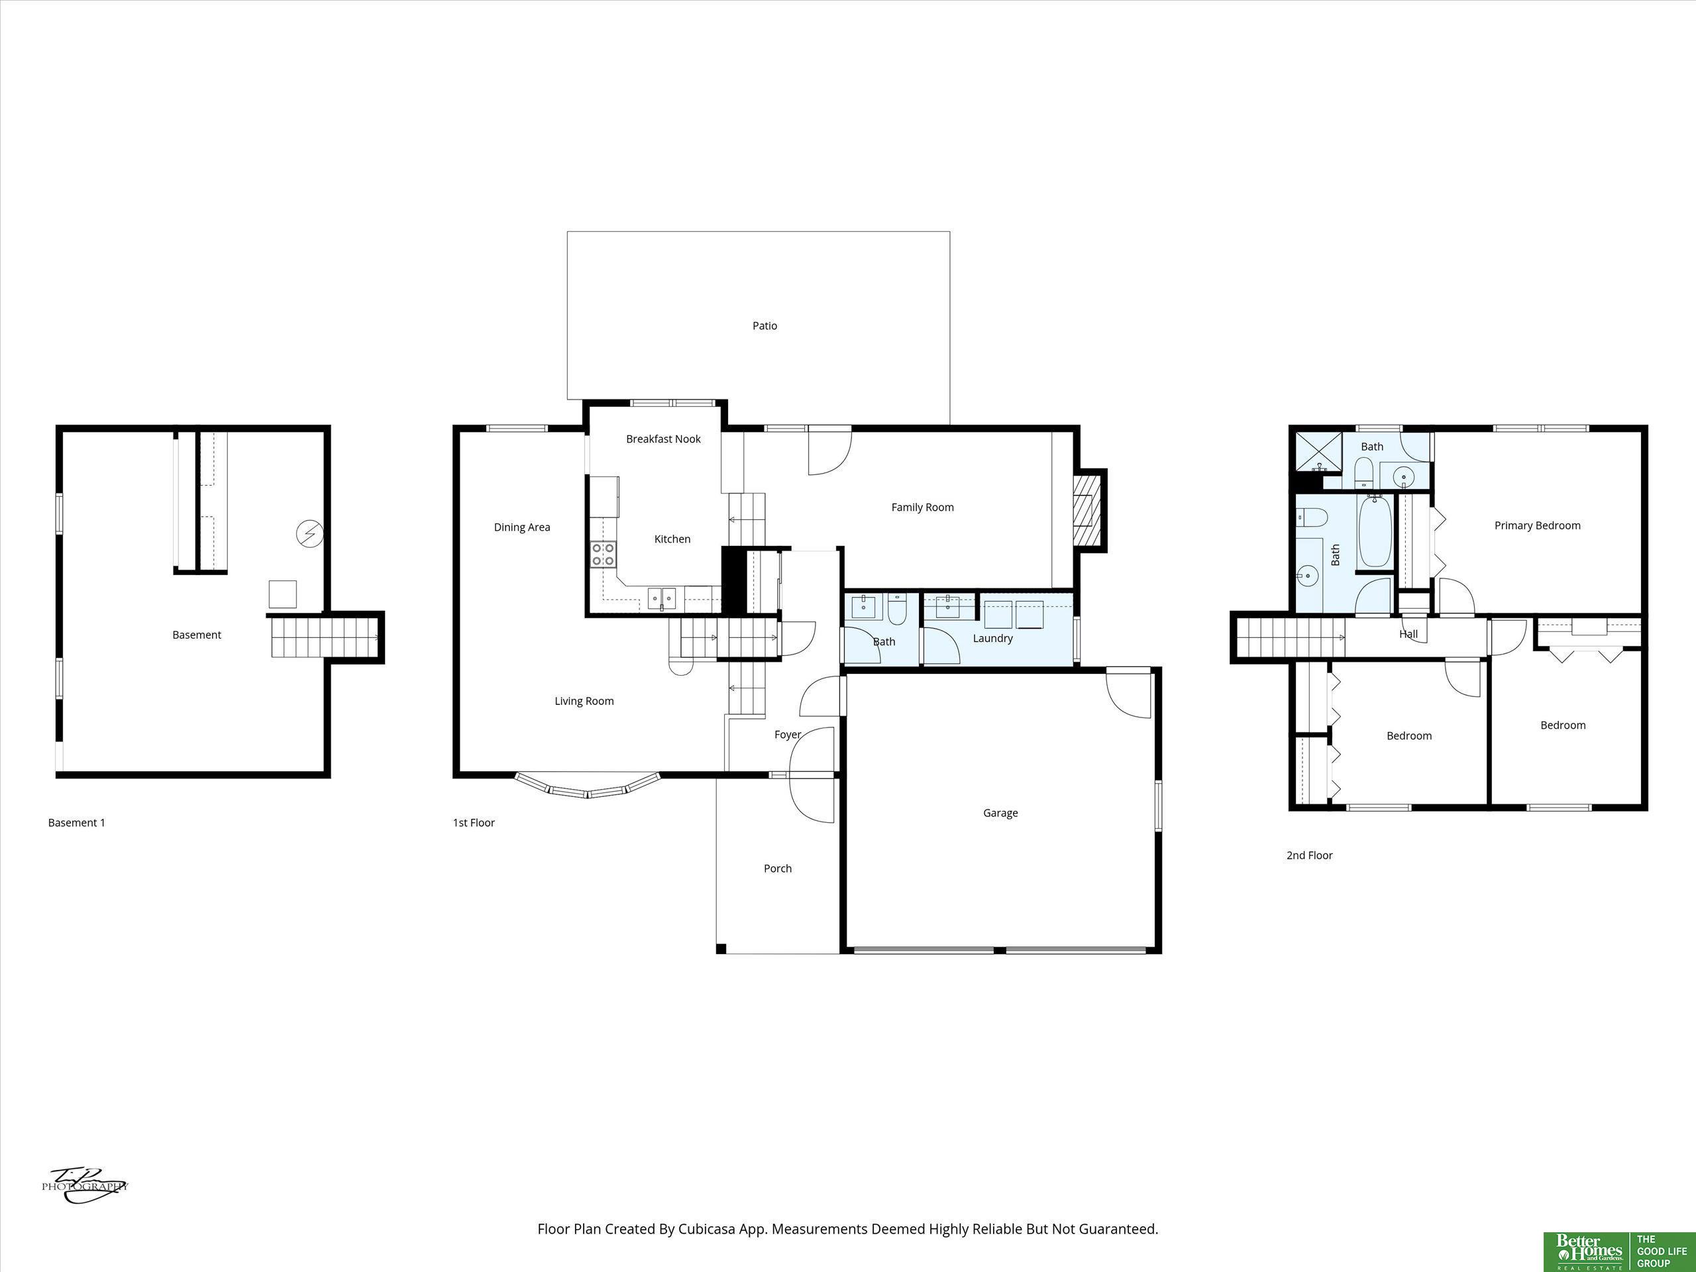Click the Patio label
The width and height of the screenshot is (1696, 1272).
click(765, 326)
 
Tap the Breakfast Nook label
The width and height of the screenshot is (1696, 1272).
click(663, 439)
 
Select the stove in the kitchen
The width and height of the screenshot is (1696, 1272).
click(604, 555)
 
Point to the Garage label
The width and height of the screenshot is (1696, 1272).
click(1000, 813)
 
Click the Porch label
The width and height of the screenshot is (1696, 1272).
click(778, 868)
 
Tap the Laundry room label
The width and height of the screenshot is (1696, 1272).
click(993, 638)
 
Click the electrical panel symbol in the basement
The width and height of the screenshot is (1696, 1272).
click(310, 533)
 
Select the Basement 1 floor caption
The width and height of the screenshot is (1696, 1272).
click(77, 823)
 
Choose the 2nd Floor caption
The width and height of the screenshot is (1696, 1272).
click(1310, 855)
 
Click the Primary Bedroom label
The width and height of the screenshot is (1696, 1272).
click(1537, 525)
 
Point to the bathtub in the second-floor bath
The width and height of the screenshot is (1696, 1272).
click(1374, 531)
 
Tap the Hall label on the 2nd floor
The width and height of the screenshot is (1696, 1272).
click(1408, 634)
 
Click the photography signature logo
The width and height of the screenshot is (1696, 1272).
click(84, 1185)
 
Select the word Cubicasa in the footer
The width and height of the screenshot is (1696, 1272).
click(706, 1229)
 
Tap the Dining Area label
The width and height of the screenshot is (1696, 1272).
click(522, 527)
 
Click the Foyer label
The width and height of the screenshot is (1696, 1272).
click(788, 735)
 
